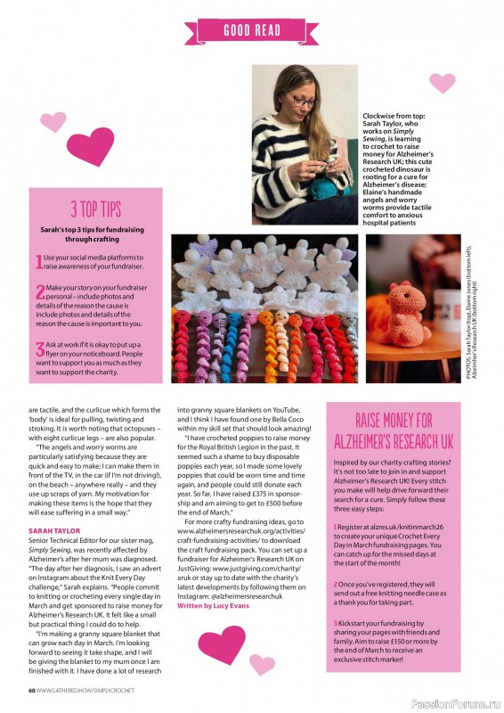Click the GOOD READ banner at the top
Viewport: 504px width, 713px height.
tap(251, 29)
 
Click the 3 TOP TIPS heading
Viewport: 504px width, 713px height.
tap(95, 209)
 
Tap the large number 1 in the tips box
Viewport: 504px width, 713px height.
tap(38, 261)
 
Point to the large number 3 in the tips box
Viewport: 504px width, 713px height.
tap(39, 350)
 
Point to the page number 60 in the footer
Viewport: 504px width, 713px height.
tap(31, 689)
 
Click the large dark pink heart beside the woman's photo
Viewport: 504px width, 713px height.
tap(92, 145)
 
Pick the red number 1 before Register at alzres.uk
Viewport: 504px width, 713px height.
tap(336, 527)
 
